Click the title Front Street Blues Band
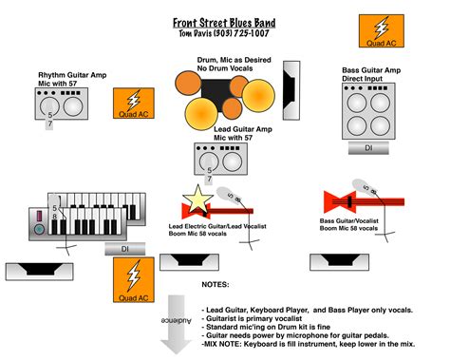pos(225,22)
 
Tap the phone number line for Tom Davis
pos(225,35)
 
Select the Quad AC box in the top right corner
pos(381,30)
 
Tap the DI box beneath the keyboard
pos(124,248)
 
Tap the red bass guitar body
pos(339,200)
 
